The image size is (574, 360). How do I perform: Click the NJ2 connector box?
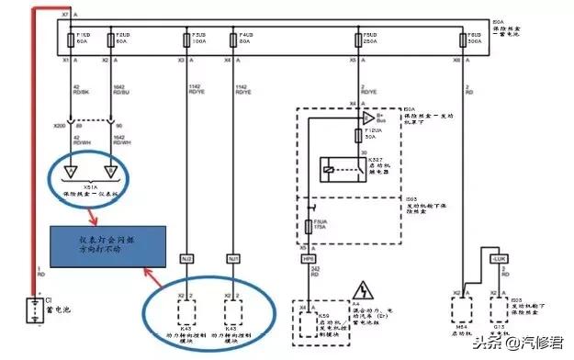pyautogui.click(x=186, y=260)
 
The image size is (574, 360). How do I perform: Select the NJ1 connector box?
pyautogui.click(x=233, y=260)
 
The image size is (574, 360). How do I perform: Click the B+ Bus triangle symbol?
pyautogui.click(x=368, y=118)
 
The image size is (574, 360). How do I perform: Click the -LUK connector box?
pyautogui.click(x=499, y=260)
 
